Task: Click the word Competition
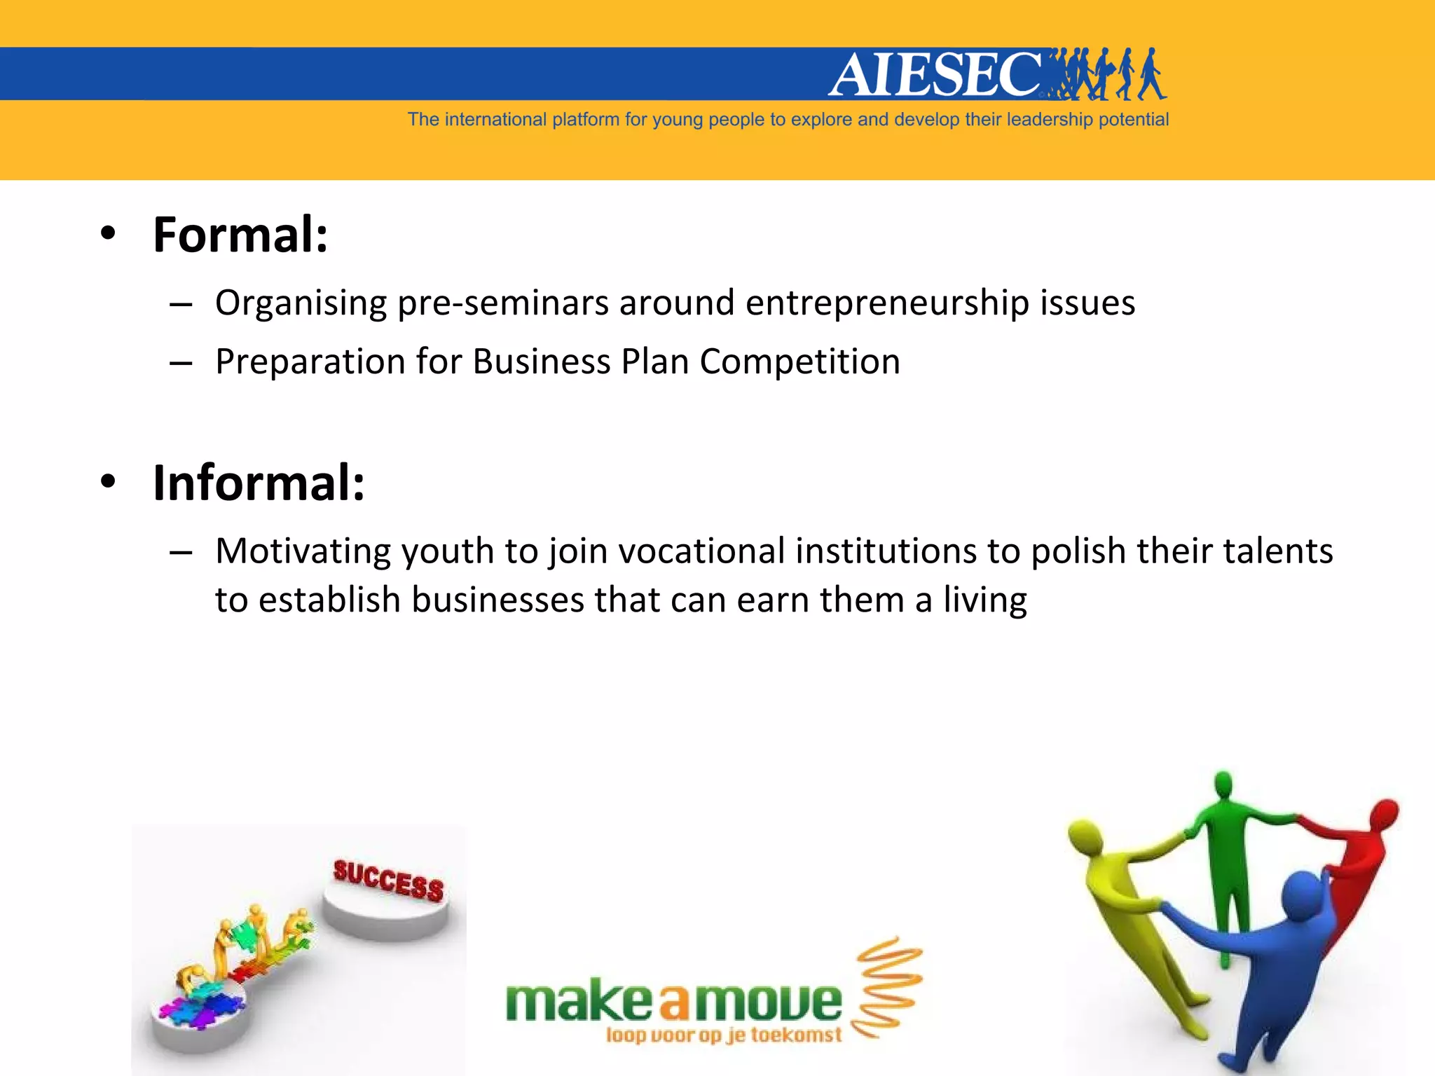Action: click(799, 362)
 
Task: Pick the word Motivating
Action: click(303, 551)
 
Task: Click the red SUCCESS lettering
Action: click(388, 881)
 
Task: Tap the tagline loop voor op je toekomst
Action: click(723, 1035)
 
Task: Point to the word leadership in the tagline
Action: click(1050, 120)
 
